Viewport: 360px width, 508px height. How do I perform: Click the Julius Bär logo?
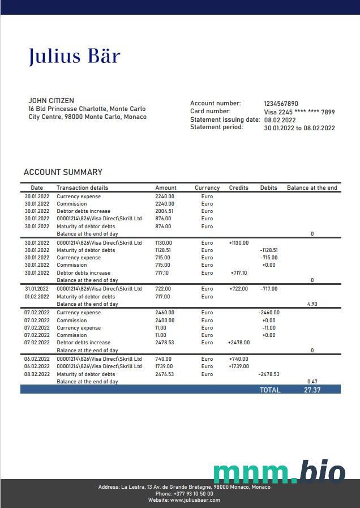(74, 56)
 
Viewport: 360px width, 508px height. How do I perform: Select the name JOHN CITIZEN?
(51, 101)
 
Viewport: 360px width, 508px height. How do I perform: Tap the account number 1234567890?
(281, 104)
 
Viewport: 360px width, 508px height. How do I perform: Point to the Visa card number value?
(299, 112)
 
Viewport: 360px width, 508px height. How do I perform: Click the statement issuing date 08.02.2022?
(280, 120)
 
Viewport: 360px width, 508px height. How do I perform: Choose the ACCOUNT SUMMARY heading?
(63, 172)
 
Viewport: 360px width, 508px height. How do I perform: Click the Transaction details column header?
(82, 187)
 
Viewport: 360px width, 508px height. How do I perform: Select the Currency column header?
(207, 187)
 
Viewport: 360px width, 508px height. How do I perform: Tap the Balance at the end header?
(312, 187)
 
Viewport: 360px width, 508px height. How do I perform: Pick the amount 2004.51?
(164, 211)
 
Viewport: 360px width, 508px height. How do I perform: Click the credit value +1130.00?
(239, 243)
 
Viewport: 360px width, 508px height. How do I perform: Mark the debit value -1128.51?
(269, 250)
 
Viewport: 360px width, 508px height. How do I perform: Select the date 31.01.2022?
(37, 289)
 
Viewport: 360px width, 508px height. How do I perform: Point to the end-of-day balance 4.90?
(312, 304)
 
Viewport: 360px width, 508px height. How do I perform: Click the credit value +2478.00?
(239, 343)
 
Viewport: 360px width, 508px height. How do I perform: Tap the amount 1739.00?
(164, 366)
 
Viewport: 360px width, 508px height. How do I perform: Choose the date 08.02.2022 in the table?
(37, 374)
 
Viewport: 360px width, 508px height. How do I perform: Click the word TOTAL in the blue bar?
(270, 390)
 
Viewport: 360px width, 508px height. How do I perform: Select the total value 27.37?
(312, 390)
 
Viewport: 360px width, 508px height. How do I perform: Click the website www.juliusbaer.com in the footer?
(195, 500)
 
